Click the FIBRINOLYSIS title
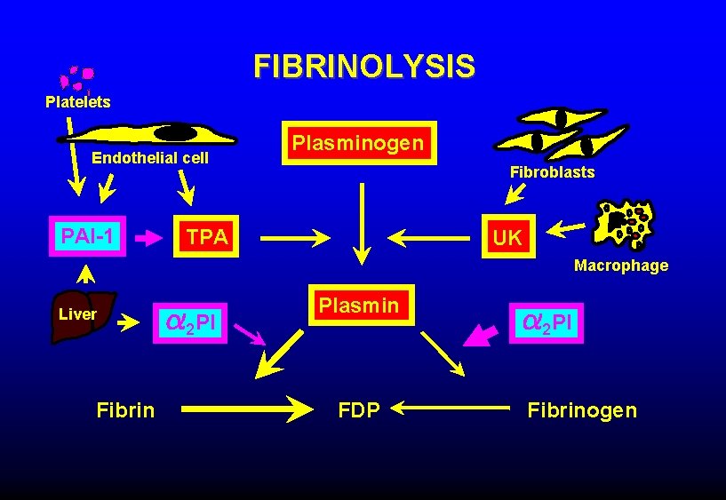pyautogui.click(x=363, y=66)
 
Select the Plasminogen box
pyautogui.click(x=360, y=143)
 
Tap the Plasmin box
pyautogui.click(x=360, y=306)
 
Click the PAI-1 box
pyautogui.click(x=87, y=236)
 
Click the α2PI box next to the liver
pyautogui.click(x=192, y=321)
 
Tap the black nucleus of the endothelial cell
pyautogui.click(x=179, y=132)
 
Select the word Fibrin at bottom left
pyautogui.click(x=125, y=409)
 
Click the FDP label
pyautogui.click(x=359, y=409)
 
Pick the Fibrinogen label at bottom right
pyautogui.click(x=582, y=409)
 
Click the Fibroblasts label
pyautogui.click(x=552, y=172)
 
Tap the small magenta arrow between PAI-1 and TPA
pyautogui.click(x=145, y=238)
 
